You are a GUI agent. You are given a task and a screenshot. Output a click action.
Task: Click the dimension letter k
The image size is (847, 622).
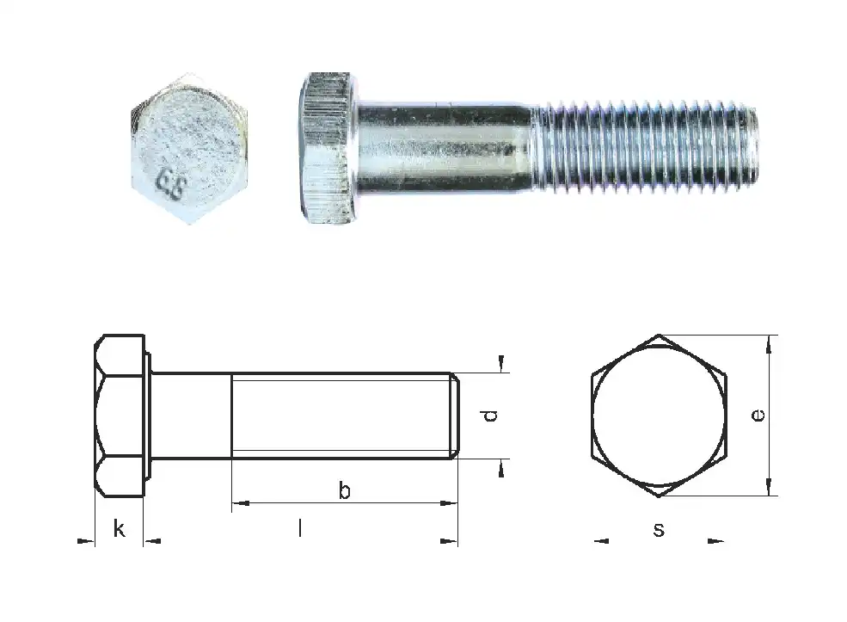[119, 528]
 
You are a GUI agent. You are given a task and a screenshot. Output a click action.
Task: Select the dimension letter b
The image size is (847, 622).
[344, 491]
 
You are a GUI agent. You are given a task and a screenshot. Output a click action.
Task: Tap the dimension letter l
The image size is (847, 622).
[299, 528]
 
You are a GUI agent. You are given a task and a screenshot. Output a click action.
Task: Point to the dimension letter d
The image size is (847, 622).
[489, 416]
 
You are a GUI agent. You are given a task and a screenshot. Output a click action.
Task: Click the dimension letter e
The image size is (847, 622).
[757, 416]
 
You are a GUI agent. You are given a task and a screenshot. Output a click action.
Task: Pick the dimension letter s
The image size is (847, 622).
[658, 529]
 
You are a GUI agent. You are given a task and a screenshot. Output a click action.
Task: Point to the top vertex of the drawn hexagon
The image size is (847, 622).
[659, 335]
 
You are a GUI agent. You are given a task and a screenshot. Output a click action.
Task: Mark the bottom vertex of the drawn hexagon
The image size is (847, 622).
[659, 496]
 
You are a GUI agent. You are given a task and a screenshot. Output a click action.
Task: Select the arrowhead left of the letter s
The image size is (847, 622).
[602, 541]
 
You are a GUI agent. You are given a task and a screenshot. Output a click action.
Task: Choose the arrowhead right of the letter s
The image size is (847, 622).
[715, 541]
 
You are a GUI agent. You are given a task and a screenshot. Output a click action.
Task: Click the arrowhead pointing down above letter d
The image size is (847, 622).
[501, 364]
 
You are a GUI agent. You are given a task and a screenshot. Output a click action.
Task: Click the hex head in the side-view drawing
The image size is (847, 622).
[120, 416]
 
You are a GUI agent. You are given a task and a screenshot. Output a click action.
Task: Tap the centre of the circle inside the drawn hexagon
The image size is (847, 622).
[659, 416]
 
